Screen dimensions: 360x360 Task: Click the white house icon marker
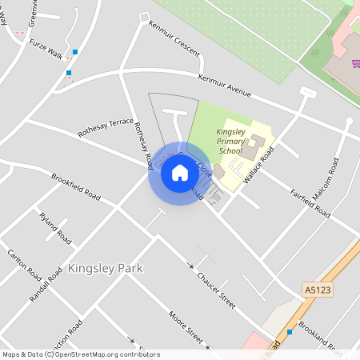180,172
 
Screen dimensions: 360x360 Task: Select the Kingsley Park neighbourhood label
106,268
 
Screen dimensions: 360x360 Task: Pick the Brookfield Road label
76,186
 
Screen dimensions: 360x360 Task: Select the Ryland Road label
55,228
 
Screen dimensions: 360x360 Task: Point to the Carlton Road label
24,263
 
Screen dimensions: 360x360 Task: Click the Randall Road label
55,284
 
